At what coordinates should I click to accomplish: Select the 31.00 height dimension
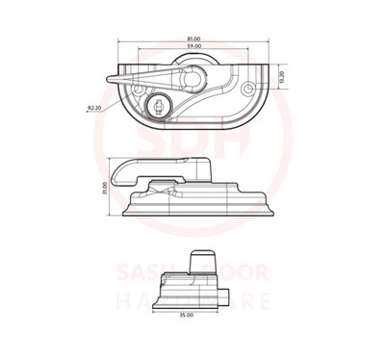(103, 192)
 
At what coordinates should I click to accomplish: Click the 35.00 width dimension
(187, 315)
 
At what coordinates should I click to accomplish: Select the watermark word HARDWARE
(192, 301)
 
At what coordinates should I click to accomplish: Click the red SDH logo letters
(192, 144)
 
